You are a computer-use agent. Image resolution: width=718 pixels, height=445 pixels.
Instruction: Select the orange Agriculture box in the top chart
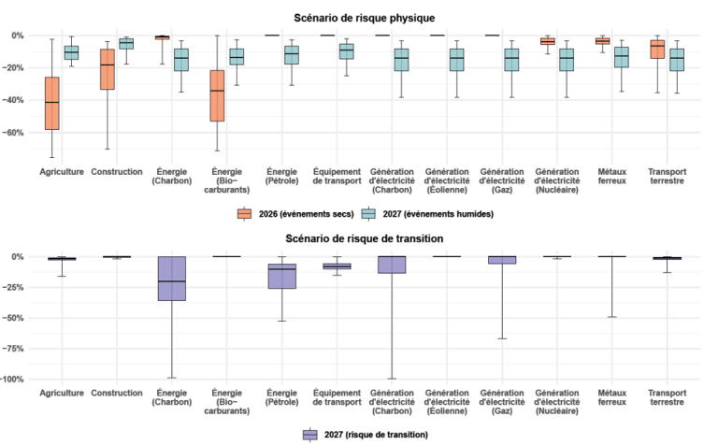click(52, 103)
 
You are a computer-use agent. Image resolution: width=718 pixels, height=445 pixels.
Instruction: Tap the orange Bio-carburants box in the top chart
click(217, 95)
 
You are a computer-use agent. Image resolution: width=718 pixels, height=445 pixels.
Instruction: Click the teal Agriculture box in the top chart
click(71, 52)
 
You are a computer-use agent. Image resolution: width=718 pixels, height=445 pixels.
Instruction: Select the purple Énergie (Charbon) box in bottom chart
click(172, 279)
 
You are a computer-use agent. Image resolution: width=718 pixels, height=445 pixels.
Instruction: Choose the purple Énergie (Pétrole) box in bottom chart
click(281, 276)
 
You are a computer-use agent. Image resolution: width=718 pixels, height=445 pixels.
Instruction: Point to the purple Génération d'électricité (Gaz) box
click(501, 260)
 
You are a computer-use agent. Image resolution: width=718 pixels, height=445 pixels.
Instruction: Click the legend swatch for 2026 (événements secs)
click(245, 213)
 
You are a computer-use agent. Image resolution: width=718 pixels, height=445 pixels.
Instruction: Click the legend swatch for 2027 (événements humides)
click(369, 213)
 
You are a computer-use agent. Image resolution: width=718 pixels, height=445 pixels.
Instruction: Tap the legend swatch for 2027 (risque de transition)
click(310, 435)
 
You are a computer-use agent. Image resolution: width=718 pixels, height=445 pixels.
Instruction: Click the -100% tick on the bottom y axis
click(14, 380)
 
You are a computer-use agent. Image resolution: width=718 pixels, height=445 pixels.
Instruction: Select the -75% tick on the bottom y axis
click(16, 349)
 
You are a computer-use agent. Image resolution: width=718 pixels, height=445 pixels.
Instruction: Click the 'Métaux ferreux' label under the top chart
click(610, 176)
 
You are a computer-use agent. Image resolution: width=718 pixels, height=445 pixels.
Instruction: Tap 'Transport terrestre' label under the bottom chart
click(665, 397)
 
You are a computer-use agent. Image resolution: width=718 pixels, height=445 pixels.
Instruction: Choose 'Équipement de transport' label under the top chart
click(334, 176)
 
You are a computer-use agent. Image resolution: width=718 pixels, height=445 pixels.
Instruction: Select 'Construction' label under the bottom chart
click(117, 393)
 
